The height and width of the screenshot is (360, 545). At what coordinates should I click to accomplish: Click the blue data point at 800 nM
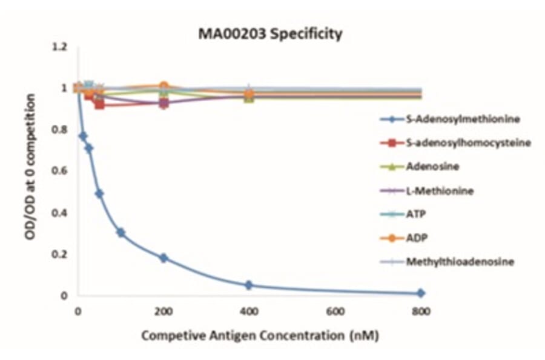(420, 293)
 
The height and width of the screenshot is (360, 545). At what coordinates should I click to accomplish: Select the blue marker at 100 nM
(121, 233)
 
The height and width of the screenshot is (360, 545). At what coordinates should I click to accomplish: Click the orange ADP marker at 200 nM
(163, 87)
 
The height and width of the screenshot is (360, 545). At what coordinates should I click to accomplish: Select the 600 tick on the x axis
(335, 312)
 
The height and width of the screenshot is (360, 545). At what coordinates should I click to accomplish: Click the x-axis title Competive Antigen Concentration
(260, 335)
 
